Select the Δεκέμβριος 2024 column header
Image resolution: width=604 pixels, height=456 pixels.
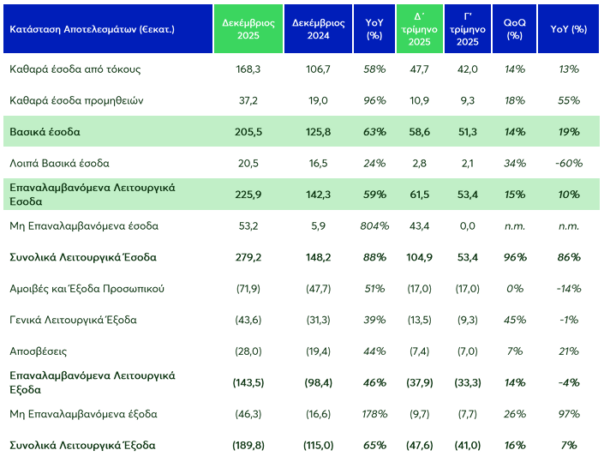click(316, 29)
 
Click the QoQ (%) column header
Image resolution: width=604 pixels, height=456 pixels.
click(514, 29)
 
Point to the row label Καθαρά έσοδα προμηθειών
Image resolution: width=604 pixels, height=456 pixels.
click(75, 100)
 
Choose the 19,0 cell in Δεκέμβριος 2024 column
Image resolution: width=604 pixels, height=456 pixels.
click(316, 100)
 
